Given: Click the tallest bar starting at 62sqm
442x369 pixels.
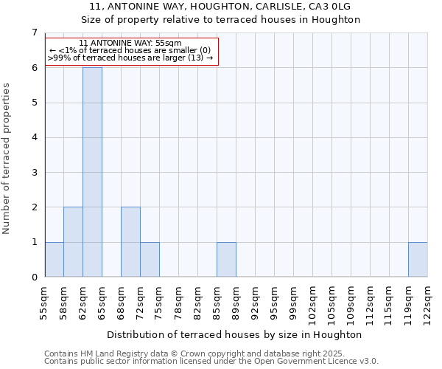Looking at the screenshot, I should click(x=92, y=172).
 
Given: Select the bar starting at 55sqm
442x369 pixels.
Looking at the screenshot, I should click(x=54, y=259).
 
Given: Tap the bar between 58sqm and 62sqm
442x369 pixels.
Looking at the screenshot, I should click(x=73, y=242).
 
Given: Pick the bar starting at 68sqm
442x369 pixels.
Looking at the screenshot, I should click(x=130, y=242).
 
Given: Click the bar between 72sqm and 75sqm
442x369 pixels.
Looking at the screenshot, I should click(x=150, y=259).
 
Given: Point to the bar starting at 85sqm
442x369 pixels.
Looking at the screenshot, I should click(x=226, y=259).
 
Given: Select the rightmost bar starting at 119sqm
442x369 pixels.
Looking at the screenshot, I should click(x=418, y=259).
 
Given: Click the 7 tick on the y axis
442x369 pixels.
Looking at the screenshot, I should click(x=34, y=32).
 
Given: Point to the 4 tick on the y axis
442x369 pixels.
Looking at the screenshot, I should click(x=34, y=137).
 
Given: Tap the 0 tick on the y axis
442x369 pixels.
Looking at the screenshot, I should click(x=34, y=277).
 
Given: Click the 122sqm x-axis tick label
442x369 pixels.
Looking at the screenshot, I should click(x=428, y=302).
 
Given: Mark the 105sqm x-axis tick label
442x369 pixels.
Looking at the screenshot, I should click(x=332, y=302).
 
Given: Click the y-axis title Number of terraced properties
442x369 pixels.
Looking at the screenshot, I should click(x=7, y=158).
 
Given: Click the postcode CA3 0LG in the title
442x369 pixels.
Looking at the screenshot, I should click(x=328, y=6).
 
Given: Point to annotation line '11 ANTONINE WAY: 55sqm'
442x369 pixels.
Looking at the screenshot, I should click(x=130, y=44).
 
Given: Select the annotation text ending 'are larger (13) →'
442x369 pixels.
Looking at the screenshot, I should click(x=130, y=58).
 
